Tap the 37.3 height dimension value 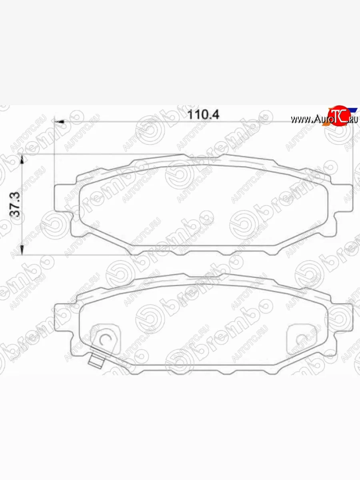16,205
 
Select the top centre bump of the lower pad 204,276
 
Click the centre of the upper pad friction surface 204,204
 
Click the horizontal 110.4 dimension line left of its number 120,121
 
